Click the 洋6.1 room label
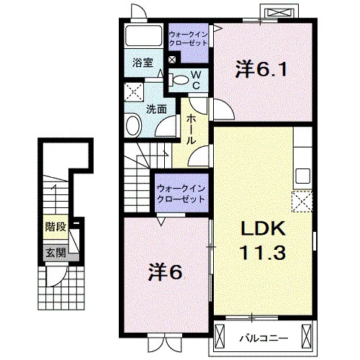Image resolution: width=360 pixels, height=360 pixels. point(261,69)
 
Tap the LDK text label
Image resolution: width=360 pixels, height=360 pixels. point(264,228)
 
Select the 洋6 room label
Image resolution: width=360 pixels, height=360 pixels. point(165,272)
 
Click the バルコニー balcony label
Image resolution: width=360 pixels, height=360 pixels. point(264,338)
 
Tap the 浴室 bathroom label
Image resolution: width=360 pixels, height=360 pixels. point(143,63)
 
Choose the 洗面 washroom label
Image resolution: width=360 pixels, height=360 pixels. point(156,109)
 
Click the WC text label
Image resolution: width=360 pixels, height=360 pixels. point(196,81)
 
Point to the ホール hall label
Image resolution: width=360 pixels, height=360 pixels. point(192,129)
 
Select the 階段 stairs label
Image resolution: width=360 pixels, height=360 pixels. point(55,226)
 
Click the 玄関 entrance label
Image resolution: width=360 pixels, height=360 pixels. point(55,253)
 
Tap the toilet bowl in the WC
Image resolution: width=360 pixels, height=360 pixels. point(179,80)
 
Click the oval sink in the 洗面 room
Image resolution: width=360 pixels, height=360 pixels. point(134,125)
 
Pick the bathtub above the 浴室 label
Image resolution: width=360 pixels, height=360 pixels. point(144,35)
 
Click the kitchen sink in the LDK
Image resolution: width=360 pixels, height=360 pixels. point(302,176)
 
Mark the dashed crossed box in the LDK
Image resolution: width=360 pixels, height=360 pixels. point(302,202)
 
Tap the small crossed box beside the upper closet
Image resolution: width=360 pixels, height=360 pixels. point(172,60)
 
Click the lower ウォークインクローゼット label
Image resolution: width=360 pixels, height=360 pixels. point(181,194)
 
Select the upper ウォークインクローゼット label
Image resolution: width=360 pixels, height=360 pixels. point(188,39)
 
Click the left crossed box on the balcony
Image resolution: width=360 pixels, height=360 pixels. point(220,335)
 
